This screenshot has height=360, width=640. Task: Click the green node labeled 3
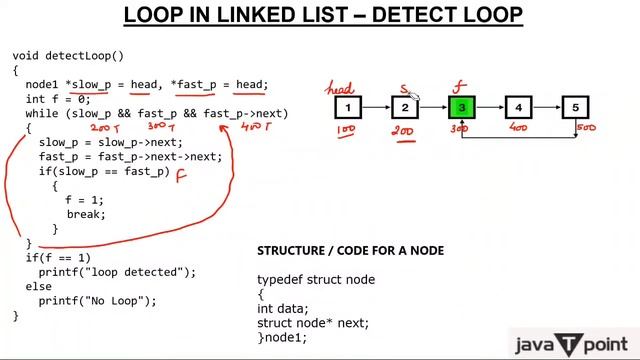(461, 107)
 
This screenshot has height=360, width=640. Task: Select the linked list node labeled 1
(347, 107)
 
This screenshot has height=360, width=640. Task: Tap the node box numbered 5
(575, 107)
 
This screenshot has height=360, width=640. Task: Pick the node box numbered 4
(518, 107)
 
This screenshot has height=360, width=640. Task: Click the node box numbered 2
(405, 107)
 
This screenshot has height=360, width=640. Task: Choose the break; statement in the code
(86, 215)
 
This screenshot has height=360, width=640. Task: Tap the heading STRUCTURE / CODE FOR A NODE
(350, 250)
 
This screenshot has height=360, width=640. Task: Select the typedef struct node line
(315, 280)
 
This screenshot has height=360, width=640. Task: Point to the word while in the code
(42, 114)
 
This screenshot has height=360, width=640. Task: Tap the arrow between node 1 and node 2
(376, 107)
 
